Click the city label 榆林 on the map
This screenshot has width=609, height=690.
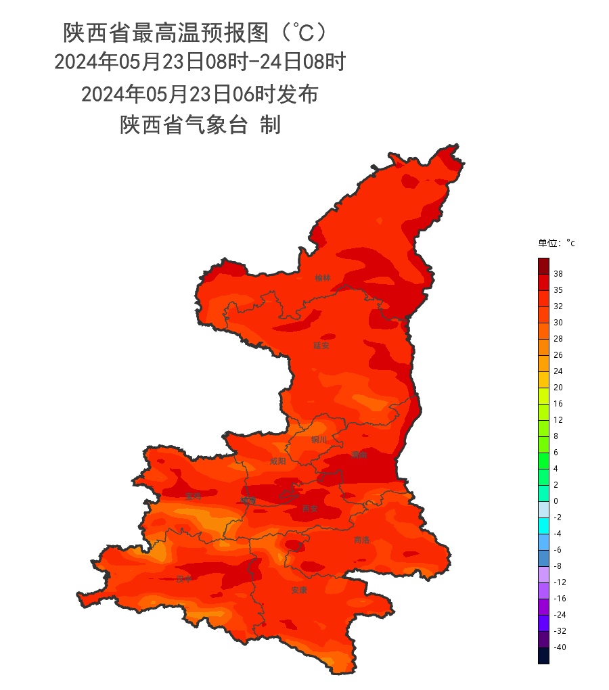click(x=323, y=278)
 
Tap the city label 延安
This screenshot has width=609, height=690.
click(x=321, y=346)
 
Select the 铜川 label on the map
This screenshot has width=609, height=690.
click(x=319, y=440)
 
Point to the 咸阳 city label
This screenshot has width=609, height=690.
click(x=277, y=461)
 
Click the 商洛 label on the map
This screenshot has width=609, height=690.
click(x=362, y=540)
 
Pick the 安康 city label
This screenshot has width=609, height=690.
click(x=299, y=590)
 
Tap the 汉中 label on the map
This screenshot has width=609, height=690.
click(x=184, y=579)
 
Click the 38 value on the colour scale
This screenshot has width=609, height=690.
click(x=558, y=274)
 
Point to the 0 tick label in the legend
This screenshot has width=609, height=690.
click(x=556, y=501)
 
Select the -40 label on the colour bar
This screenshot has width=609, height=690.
click(x=560, y=647)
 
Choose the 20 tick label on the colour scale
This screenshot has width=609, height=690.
click(x=558, y=388)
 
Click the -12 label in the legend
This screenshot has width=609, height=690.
click(x=560, y=582)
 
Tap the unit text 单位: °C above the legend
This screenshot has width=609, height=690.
click(x=556, y=244)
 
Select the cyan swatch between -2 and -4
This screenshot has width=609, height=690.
click(x=543, y=526)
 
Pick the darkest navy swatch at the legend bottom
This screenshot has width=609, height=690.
click(x=543, y=655)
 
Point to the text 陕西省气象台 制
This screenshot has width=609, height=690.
click(x=200, y=125)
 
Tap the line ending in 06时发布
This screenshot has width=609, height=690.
click(x=200, y=94)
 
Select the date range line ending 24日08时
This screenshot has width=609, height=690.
click(x=200, y=63)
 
